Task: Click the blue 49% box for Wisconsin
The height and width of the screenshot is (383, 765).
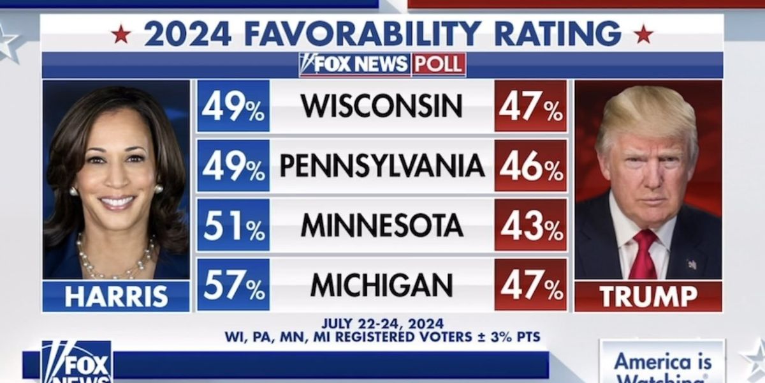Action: [233, 106]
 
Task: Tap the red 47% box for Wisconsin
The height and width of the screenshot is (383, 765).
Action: [530, 106]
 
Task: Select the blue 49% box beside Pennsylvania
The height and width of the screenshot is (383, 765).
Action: [233, 166]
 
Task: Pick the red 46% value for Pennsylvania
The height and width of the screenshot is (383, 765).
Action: [530, 166]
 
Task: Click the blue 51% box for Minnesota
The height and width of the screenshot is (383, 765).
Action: [233, 225]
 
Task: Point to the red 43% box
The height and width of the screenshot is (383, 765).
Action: [530, 225]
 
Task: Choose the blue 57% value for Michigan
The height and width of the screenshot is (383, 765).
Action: [233, 285]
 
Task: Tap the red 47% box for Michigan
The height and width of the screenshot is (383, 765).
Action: [530, 285]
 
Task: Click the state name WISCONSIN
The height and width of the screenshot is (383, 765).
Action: [382, 106]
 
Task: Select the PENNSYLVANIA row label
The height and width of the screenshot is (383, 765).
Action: [382, 166]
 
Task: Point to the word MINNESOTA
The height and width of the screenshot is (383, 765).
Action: [382, 225]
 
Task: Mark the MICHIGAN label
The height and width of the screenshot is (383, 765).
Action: [382, 285]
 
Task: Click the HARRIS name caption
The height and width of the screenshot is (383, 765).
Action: [116, 297]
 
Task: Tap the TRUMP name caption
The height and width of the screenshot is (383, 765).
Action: [648, 297]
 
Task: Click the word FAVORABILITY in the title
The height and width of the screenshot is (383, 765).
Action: [363, 33]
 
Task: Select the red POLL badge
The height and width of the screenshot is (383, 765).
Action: [439, 64]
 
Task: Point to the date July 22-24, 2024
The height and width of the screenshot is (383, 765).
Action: [382, 324]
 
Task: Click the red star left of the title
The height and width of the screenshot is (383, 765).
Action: [120, 34]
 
